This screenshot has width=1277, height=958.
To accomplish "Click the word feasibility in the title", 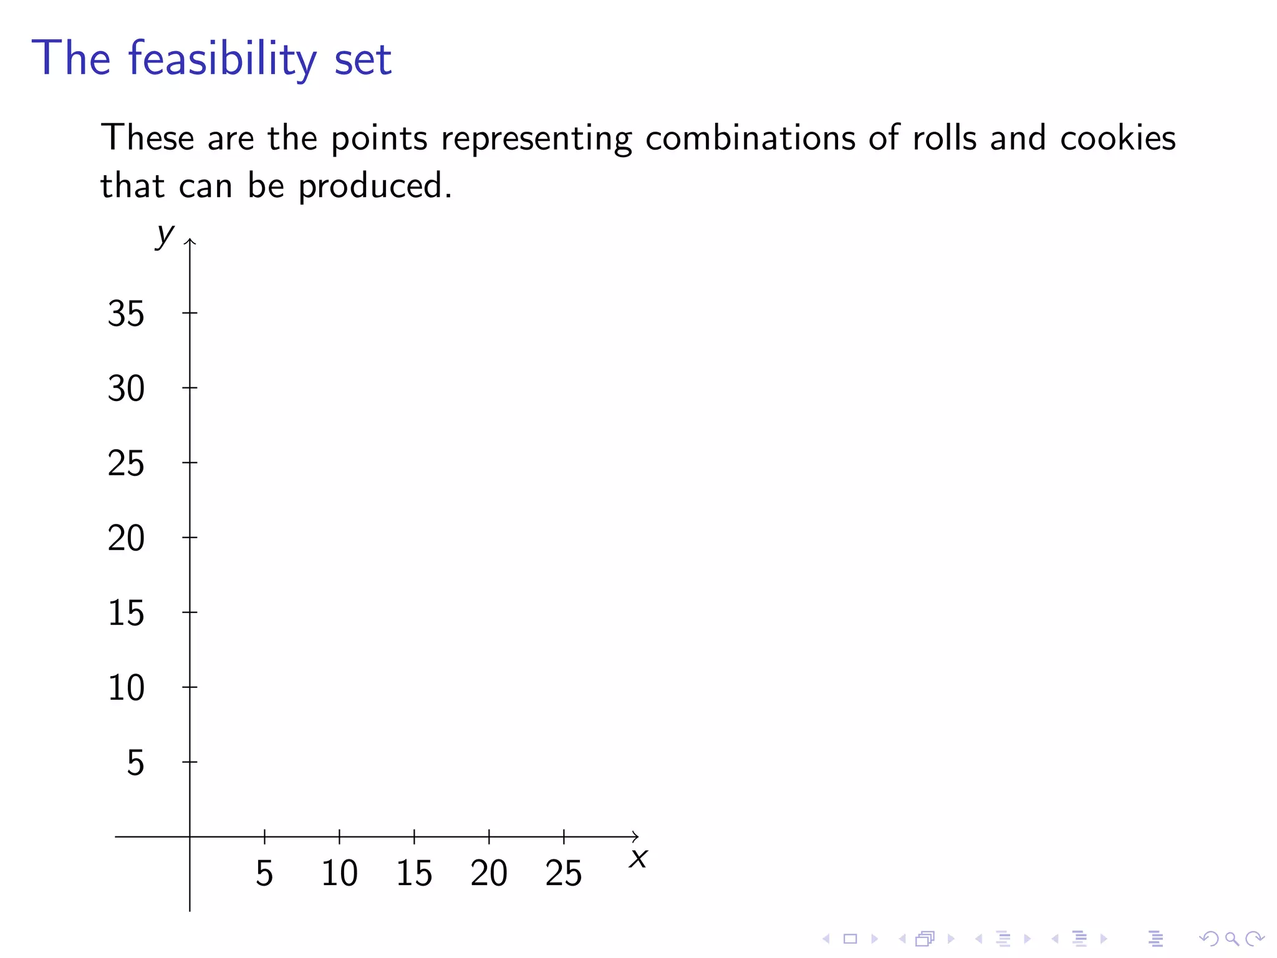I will [223, 60].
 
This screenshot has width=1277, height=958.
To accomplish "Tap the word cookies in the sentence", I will [1117, 138].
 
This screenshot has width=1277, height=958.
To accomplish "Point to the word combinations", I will [750, 138].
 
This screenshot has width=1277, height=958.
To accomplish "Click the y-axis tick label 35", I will [126, 314].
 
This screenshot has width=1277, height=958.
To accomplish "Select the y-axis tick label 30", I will [126, 389].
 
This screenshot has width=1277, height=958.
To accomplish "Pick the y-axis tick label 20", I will [126, 538].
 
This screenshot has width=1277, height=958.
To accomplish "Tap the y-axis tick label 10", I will [126, 688].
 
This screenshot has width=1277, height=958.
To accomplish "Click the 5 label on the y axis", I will [135, 763].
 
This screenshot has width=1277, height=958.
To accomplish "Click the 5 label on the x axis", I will [264, 873].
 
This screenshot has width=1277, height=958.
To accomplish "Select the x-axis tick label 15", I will [414, 873].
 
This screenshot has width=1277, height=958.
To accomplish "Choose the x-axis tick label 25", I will [564, 873].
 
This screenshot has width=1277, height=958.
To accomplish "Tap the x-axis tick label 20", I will [489, 873].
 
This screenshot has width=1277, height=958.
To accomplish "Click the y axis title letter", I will [165, 235].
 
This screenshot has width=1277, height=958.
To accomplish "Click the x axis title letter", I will [638, 859].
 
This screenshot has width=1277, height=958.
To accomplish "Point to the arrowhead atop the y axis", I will [190, 241].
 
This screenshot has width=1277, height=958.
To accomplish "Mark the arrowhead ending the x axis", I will [635, 836].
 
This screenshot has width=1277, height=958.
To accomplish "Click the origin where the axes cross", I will [190, 836].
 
